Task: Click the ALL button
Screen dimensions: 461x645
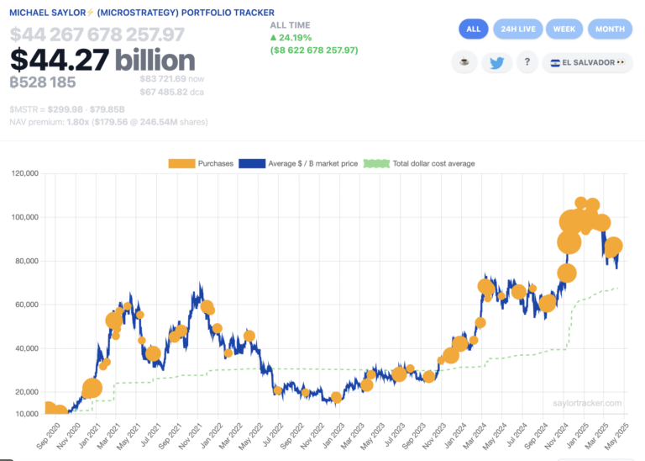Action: (x=473, y=29)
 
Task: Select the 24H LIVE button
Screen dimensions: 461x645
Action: (x=517, y=29)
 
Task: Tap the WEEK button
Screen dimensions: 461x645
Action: (x=564, y=29)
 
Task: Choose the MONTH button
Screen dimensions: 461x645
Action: (x=610, y=29)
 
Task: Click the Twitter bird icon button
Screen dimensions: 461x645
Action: (x=496, y=63)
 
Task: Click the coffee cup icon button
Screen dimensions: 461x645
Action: (x=464, y=63)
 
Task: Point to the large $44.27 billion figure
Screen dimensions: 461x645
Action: (x=102, y=60)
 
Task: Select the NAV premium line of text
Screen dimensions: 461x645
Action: (x=108, y=122)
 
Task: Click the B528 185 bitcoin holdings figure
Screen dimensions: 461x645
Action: (x=43, y=82)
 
